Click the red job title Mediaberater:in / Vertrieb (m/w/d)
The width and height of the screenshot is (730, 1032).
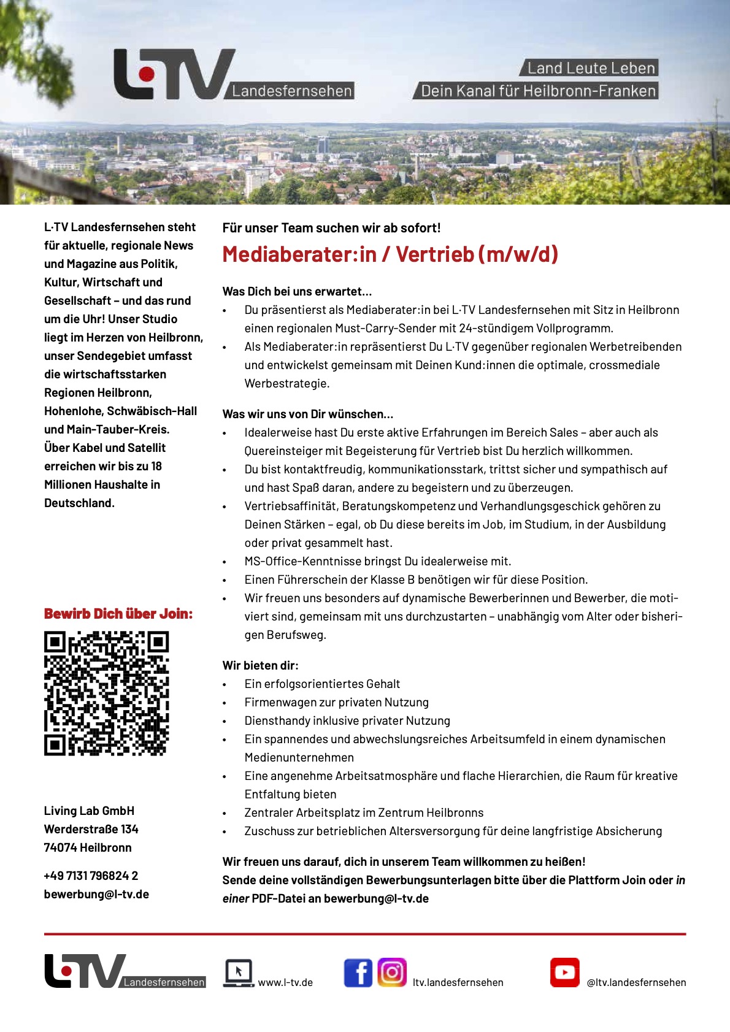(390, 254)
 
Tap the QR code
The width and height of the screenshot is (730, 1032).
(106, 693)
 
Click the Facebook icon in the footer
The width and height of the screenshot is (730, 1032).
(358, 973)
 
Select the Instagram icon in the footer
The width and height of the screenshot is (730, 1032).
(392, 972)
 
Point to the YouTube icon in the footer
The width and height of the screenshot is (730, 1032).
(564, 973)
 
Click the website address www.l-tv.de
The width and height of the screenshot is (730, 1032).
(285, 982)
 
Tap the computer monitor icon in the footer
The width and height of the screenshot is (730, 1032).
(238, 973)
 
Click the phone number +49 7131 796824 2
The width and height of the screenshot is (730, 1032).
(91, 876)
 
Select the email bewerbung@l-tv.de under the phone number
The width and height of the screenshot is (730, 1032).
(96, 894)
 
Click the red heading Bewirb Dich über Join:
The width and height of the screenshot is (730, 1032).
(118, 614)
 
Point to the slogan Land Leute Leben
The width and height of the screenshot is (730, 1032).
(591, 68)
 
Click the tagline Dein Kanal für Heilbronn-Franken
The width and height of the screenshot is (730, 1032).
(538, 91)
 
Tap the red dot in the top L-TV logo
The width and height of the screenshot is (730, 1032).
(147, 74)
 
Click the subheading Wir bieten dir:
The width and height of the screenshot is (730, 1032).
(260, 665)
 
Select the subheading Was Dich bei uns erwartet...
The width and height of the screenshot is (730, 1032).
(297, 291)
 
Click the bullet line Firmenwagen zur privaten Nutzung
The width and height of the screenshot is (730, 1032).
(336, 702)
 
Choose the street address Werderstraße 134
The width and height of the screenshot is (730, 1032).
(91, 829)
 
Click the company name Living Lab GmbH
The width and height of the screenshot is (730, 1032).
(89, 811)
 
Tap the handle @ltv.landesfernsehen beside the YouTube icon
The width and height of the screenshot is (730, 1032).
(636, 982)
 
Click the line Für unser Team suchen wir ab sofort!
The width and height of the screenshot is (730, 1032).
(331, 228)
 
